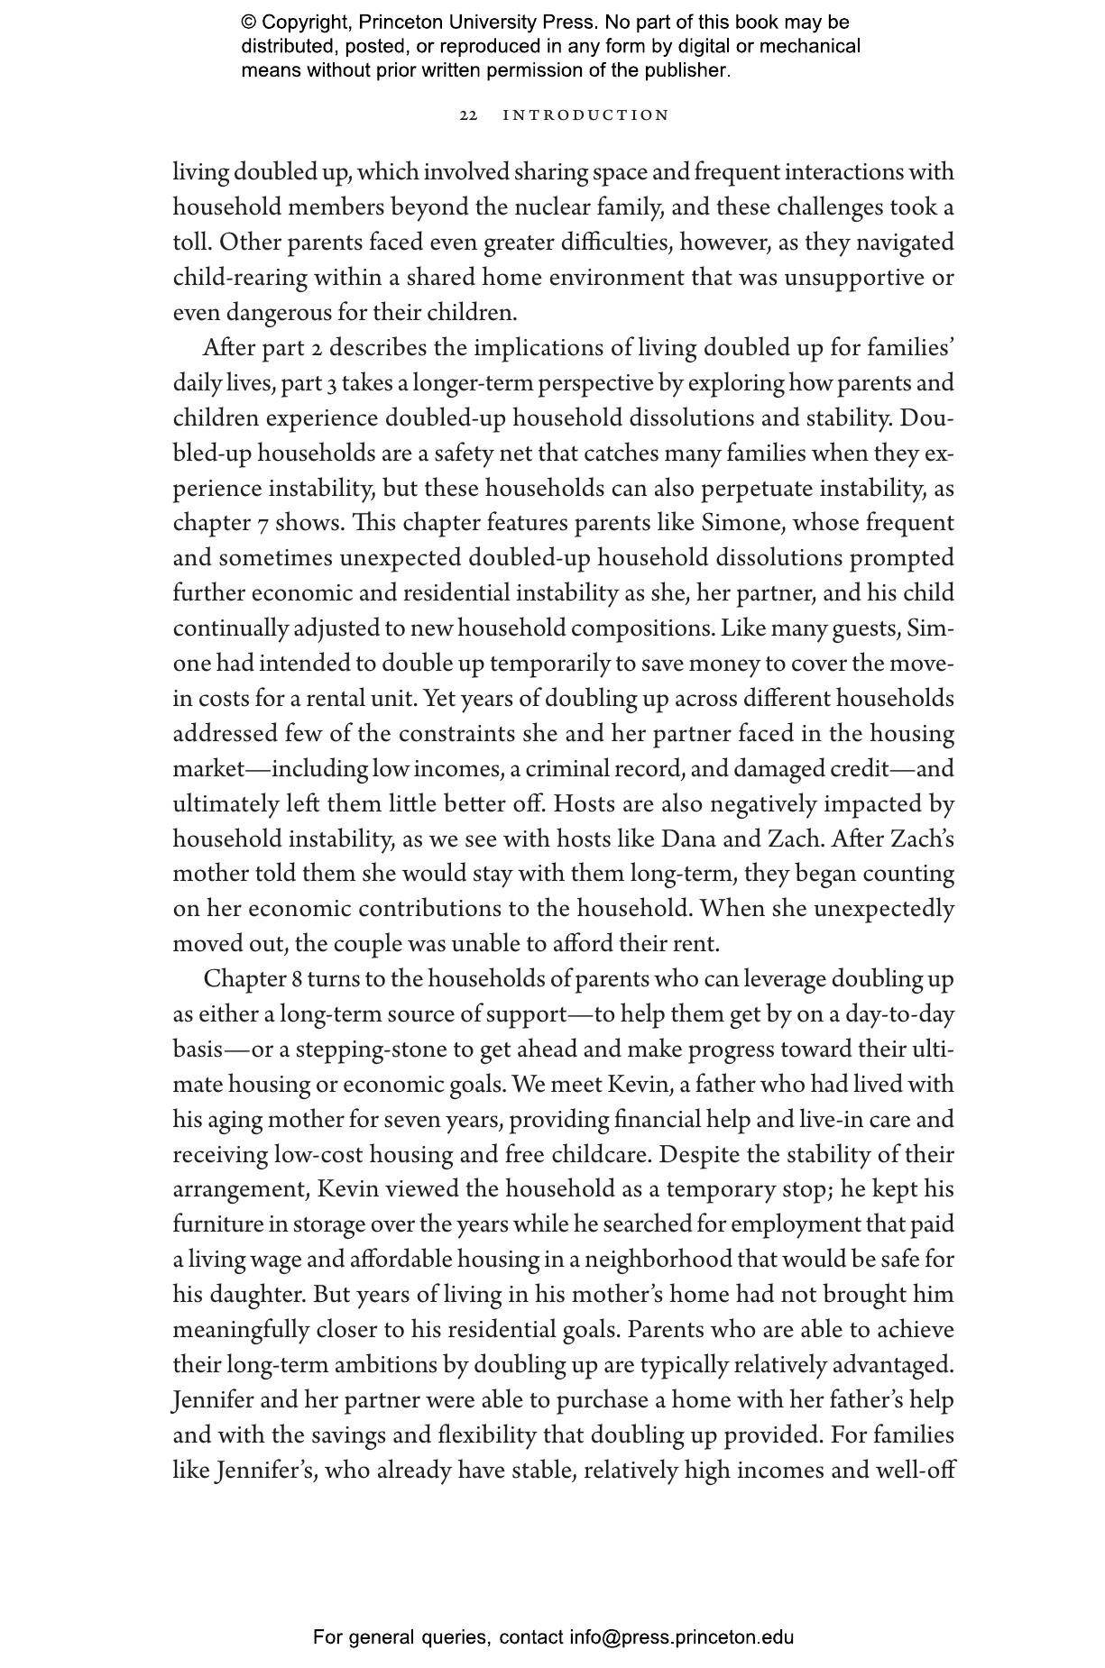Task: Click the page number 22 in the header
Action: [x=468, y=115]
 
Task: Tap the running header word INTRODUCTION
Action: [x=586, y=115]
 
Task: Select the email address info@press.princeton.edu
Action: [x=681, y=1636]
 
